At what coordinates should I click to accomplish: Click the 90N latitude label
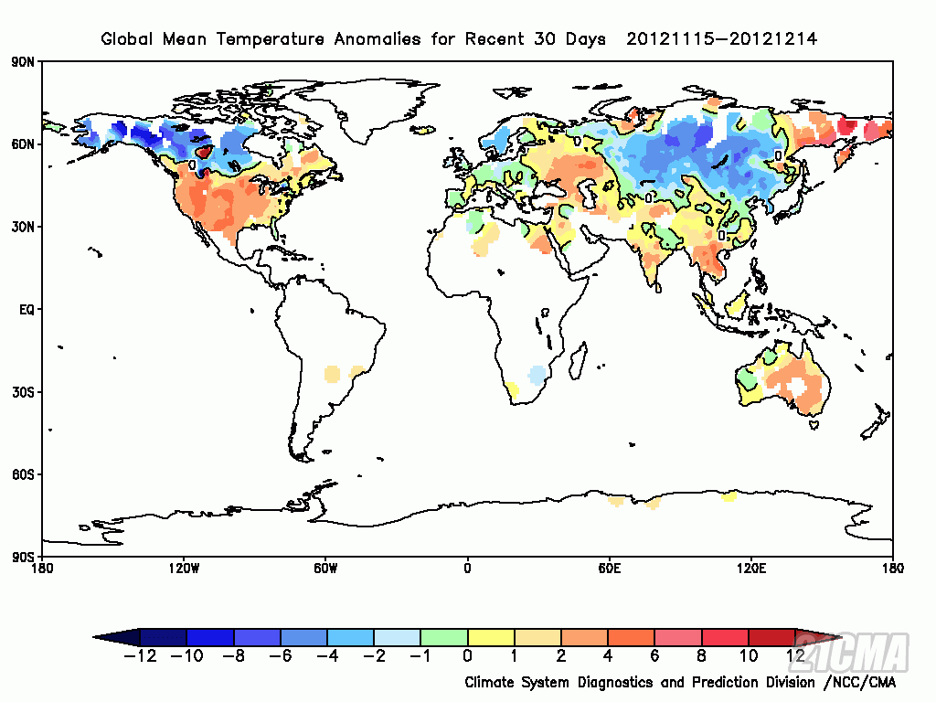(x=24, y=62)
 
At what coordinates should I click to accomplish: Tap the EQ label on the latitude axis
(x=26, y=310)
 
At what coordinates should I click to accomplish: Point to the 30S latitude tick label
(x=24, y=392)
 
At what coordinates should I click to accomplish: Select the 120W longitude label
(x=184, y=569)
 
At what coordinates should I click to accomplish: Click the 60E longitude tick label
(x=610, y=569)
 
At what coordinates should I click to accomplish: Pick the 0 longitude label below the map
(x=467, y=569)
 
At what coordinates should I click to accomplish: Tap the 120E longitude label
(x=751, y=569)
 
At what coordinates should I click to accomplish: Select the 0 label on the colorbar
(x=468, y=655)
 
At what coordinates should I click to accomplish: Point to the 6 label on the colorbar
(x=654, y=655)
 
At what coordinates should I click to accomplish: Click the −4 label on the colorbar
(x=326, y=655)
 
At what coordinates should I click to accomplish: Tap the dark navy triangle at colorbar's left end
(x=119, y=636)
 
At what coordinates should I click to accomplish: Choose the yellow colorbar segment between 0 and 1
(x=491, y=636)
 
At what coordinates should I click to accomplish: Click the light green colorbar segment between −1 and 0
(x=444, y=636)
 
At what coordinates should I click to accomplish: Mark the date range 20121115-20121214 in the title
(x=722, y=38)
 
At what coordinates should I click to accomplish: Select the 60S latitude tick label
(x=24, y=474)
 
